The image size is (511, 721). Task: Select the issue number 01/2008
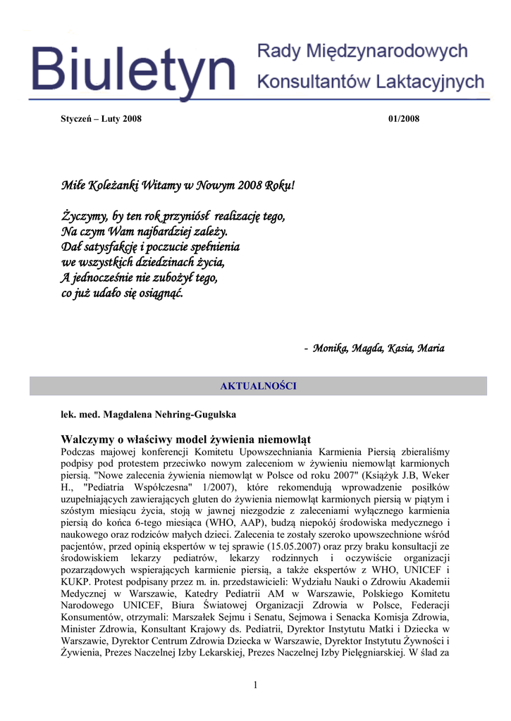pos(404,118)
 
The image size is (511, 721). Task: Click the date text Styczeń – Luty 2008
pos(101,118)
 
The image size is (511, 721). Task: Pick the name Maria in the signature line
pos(431,348)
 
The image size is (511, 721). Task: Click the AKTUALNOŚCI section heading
pos(258,386)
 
